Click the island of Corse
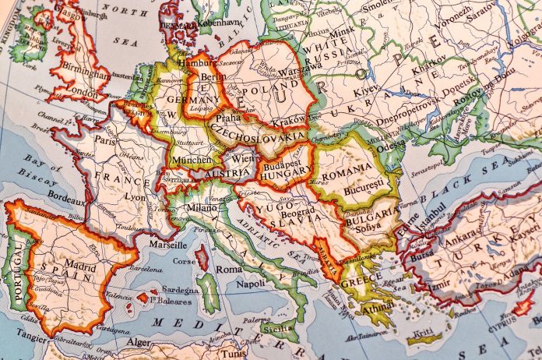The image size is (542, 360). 202,256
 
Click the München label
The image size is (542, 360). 190,159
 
